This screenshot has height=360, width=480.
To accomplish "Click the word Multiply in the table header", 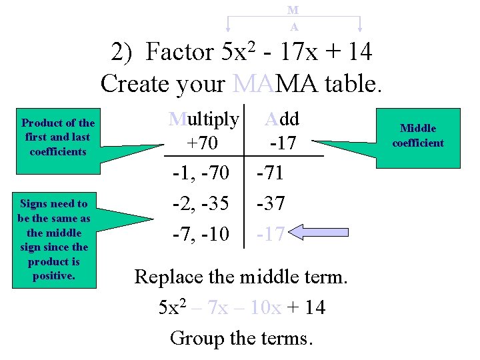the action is (x=203, y=119).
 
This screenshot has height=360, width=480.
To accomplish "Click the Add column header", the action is (x=281, y=119).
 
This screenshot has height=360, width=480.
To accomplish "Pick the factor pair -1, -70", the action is (x=201, y=173).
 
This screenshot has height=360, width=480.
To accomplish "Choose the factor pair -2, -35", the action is (x=201, y=203).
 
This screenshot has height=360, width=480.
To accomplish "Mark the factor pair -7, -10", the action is (x=201, y=233).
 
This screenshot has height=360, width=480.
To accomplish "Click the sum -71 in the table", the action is (x=271, y=173).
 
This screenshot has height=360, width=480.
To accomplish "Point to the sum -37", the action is (x=271, y=203).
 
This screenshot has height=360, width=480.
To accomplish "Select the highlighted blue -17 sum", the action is (x=271, y=233).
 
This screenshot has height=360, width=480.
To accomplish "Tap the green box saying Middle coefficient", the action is (x=418, y=135).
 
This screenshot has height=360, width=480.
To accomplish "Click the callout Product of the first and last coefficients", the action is (x=58, y=137).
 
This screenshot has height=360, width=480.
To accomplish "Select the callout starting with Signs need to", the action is (x=53, y=239).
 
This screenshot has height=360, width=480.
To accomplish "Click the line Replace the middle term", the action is (x=241, y=275).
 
